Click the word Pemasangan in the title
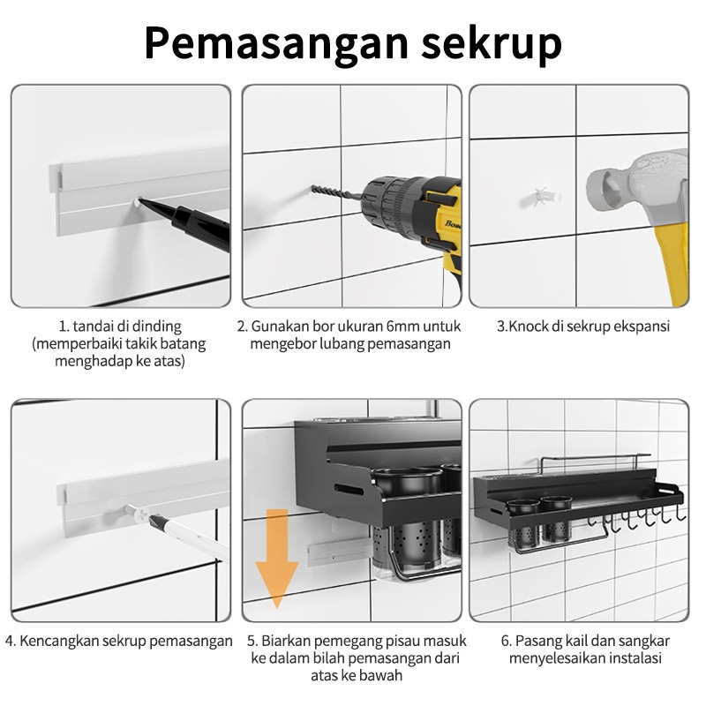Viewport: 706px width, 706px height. click(276, 43)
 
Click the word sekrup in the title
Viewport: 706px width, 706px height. click(492, 42)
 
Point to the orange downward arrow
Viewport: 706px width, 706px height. click(276, 559)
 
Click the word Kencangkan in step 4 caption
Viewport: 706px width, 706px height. click(59, 641)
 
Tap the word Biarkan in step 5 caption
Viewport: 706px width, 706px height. click(288, 641)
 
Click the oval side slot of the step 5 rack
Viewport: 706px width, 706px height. click(349, 489)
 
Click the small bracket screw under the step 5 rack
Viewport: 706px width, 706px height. click(333, 557)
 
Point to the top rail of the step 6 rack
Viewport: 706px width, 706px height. click(596, 458)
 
